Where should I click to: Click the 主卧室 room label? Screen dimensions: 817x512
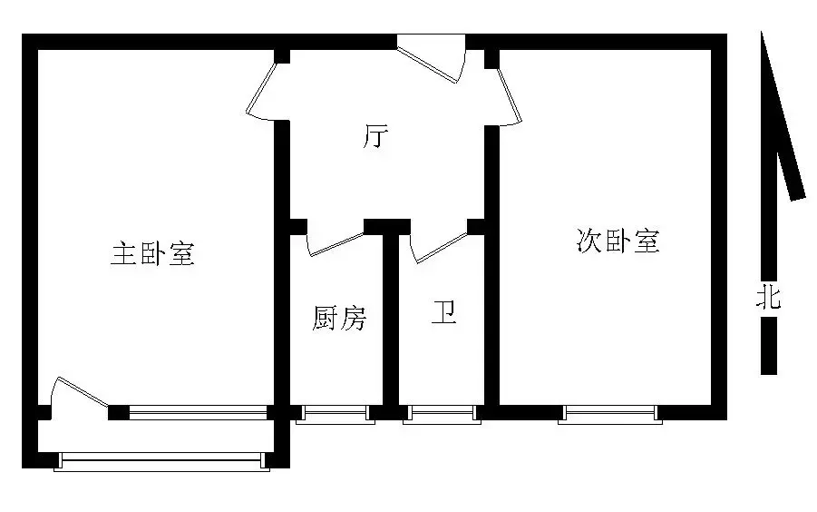(153, 254)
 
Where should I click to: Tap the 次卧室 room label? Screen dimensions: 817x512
(618, 241)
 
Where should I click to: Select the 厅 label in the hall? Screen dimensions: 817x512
(375, 136)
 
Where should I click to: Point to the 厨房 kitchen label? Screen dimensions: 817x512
(339, 318)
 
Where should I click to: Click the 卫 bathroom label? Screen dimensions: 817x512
(444, 312)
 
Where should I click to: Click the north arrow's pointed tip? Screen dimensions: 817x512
(762, 33)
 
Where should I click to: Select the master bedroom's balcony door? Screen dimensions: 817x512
(78, 391)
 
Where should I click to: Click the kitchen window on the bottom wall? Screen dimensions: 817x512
(336, 414)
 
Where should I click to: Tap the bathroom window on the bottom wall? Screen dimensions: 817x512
(442, 414)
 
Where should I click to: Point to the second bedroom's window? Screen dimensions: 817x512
(609, 414)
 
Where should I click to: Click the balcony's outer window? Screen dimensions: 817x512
(162, 462)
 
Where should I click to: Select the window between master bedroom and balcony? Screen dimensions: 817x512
(198, 413)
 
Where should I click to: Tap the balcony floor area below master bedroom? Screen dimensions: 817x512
(156, 437)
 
